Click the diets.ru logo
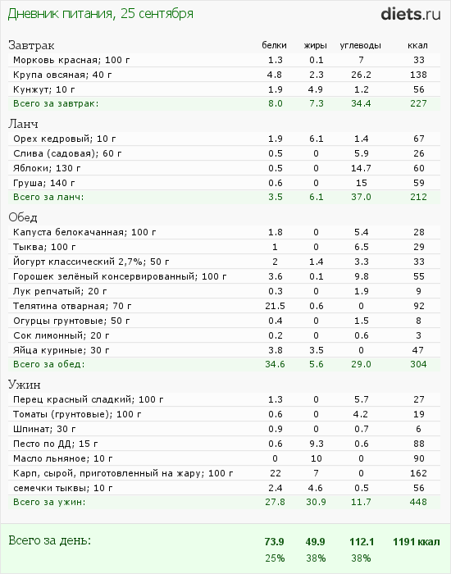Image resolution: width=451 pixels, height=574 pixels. tap(410, 14)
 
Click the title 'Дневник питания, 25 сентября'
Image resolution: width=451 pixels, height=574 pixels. tap(100, 14)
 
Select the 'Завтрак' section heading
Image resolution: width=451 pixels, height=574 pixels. tap(31, 45)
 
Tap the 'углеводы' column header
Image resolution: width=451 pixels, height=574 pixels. tap(360, 46)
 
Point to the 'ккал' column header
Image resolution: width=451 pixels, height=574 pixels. tap(417, 45)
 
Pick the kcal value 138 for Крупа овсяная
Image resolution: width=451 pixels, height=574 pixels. tap(418, 75)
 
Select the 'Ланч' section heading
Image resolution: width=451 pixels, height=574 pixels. tap(23, 124)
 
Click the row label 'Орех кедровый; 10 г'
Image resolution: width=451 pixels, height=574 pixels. tap(65, 139)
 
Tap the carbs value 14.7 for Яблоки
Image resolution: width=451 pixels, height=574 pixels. tap(361, 168)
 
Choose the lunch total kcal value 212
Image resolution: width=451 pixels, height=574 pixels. tap(418, 197)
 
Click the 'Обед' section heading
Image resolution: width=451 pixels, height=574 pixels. tap(23, 217)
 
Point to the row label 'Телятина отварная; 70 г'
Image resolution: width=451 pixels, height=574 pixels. tap(72, 306)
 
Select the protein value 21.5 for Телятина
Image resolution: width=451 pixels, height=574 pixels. tap(275, 306)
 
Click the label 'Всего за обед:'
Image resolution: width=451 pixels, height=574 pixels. tap(48, 365)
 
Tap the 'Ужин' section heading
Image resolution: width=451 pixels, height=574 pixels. tap(24, 385)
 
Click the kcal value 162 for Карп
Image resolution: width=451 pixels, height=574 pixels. tap(418, 473)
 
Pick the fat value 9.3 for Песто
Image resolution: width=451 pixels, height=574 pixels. tap(316, 444)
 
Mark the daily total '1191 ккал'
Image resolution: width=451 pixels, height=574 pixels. tap(417, 542)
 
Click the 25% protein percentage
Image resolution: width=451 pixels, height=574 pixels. tap(275, 558)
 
